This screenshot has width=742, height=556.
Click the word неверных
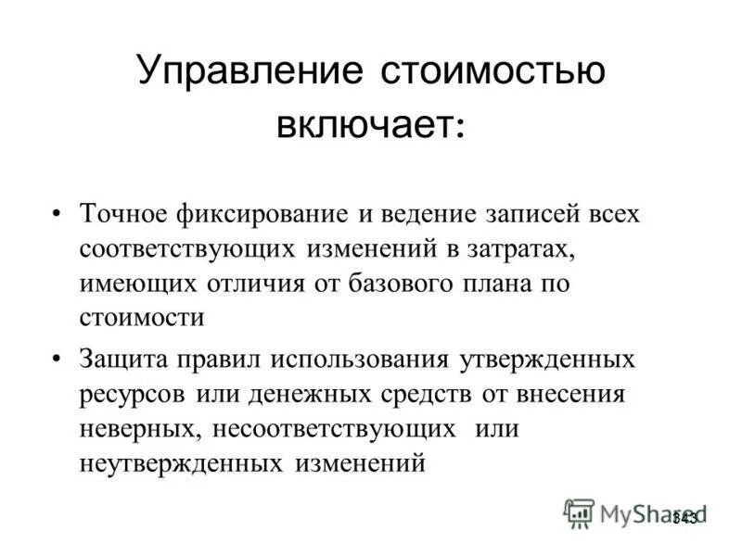click(139, 429)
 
